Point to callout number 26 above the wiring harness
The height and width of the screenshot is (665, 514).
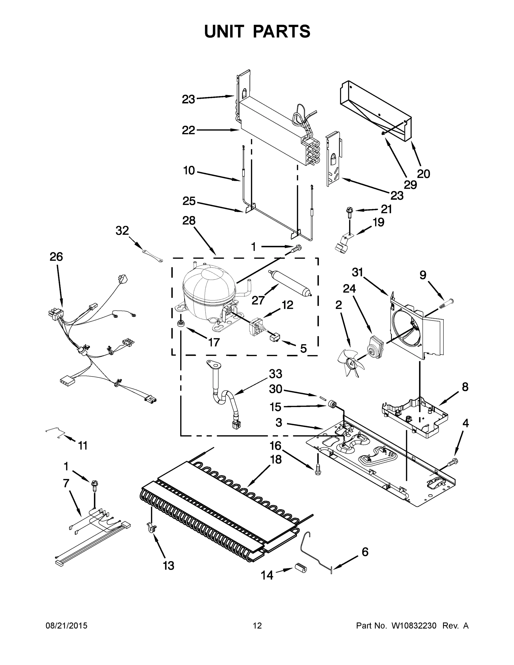pos(56,257)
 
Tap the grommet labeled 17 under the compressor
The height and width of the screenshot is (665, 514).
pos(181,323)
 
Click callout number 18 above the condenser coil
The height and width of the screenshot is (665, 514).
pos(276,460)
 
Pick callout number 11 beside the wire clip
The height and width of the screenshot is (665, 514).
pos(83,446)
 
